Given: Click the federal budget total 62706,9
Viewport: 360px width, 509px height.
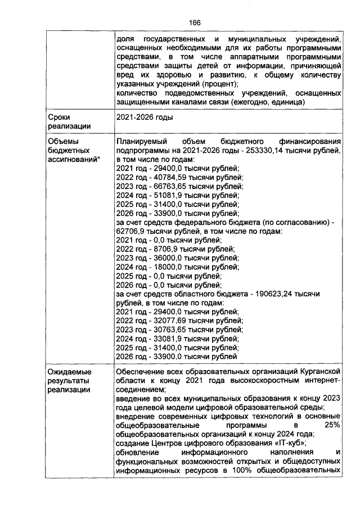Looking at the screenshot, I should pos(133,231).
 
